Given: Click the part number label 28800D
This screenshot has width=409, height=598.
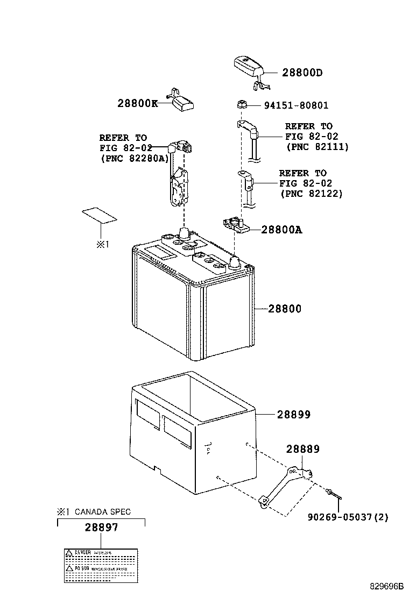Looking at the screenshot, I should coord(302,73).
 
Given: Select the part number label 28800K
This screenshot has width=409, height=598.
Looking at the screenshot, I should coord(138,103).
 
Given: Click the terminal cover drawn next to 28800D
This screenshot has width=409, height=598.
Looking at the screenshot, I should coord(248,66).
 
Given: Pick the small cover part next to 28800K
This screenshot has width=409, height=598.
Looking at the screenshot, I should coord(182,101).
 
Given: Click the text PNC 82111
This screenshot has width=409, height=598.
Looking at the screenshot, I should coord(317,146).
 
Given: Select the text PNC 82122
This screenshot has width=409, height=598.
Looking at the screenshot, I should coord(311,193).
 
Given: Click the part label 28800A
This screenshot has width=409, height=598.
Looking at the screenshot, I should coord(281,230).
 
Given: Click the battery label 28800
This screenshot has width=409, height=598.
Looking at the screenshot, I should coord(285,309).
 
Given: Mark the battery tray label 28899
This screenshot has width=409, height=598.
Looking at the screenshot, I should coord(294,415).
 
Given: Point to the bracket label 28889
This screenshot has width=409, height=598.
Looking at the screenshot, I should coord(302,448).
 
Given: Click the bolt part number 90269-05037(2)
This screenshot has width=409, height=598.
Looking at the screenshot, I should coord(348,517).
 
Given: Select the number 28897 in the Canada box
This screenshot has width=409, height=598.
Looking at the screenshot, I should coord(101,529).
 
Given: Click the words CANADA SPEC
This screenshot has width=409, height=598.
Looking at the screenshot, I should coord(102,511).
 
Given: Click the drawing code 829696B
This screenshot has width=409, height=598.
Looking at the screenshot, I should coord(386,586).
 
